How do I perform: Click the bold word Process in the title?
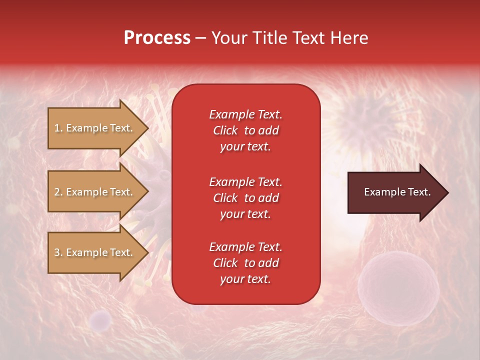click(157, 38)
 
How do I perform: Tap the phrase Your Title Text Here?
click(289, 38)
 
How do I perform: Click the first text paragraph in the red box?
click(245, 130)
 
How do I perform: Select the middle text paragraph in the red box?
click(245, 198)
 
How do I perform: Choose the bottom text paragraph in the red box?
click(245, 263)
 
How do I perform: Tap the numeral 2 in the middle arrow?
click(57, 192)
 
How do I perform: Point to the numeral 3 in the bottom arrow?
click(57, 252)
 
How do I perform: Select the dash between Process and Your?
click(200, 38)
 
